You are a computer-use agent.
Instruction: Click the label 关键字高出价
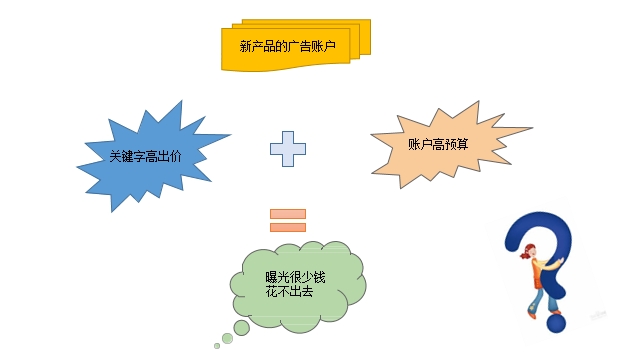point(145,156)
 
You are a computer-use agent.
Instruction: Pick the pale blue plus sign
point(288,149)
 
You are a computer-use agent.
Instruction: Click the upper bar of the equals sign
point(288,212)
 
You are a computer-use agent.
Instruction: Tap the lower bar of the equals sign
point(288,226)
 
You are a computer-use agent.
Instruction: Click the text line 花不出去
point(288,291)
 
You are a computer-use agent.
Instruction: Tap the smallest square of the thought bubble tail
point(217,346)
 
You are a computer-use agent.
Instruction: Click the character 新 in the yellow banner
point(246,47)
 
